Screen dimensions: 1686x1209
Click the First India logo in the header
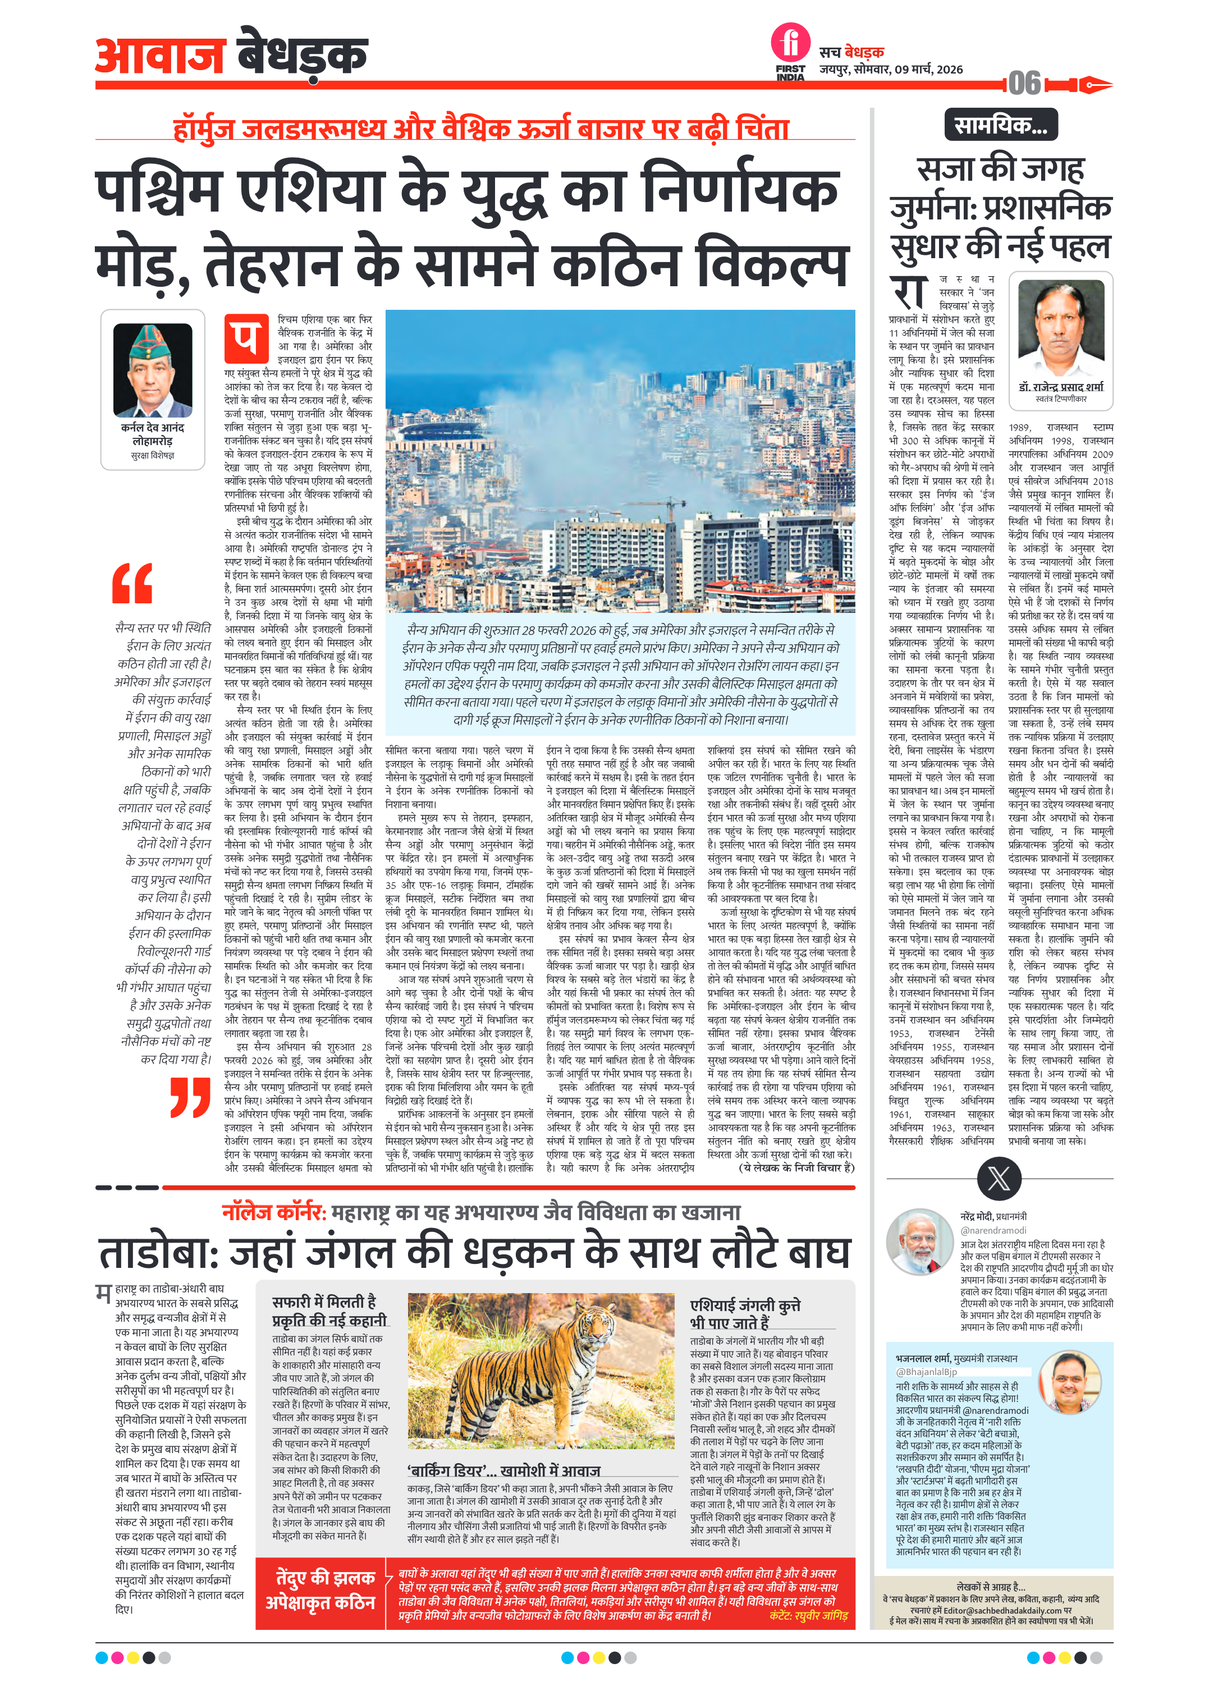pos(790,51)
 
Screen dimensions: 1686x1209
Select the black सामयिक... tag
pos(1000,125)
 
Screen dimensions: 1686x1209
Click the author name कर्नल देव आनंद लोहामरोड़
pos(153,434)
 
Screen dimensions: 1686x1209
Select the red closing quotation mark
pos(190,1098)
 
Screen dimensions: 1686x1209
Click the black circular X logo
pos(999,1178)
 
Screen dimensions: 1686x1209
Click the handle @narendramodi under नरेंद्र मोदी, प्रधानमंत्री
pos(993,1230)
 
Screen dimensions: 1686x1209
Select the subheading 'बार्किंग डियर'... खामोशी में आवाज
pos(503,1470)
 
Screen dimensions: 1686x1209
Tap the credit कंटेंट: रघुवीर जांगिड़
pos(808,1615)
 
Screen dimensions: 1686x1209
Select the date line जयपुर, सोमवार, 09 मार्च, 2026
pos(891,70)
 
